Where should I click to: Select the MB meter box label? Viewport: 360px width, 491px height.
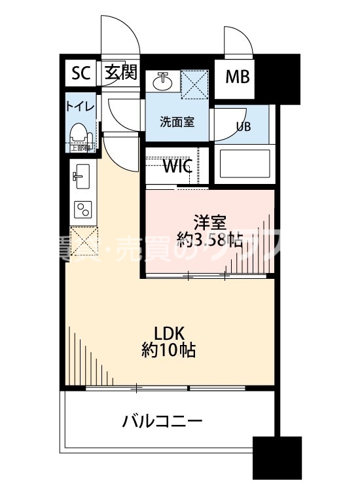tap(237, 77)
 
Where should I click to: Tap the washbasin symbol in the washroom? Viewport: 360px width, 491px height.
tap(162, 82)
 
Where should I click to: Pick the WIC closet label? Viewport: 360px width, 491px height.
tap(177, 166)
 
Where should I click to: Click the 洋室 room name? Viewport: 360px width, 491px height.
tap(207, 221)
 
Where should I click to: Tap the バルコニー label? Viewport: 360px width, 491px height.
tap(162, 420)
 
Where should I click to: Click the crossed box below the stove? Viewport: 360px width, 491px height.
tap(82, 239)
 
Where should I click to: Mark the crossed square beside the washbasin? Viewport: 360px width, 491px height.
tap(194, 84)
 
